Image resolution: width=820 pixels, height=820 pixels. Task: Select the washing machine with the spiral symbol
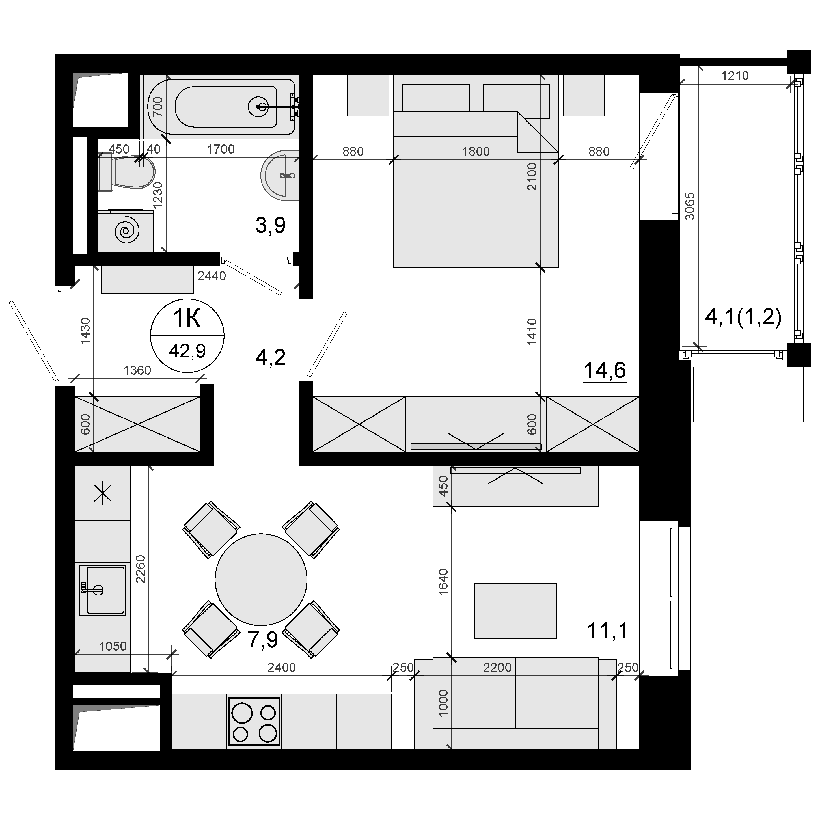(x=126, y=230)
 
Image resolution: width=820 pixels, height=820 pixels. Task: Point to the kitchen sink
(x=103, y=590)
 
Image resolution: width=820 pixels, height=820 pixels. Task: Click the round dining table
(x=261, y=579)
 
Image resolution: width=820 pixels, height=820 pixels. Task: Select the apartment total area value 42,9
(x=187, y=351)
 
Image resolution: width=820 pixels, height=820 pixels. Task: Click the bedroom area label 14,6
(x=605, y=370)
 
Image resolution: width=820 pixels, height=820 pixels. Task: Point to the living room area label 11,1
(x=607, y=631)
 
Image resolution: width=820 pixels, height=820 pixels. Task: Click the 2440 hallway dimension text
(x=212, y=276)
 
